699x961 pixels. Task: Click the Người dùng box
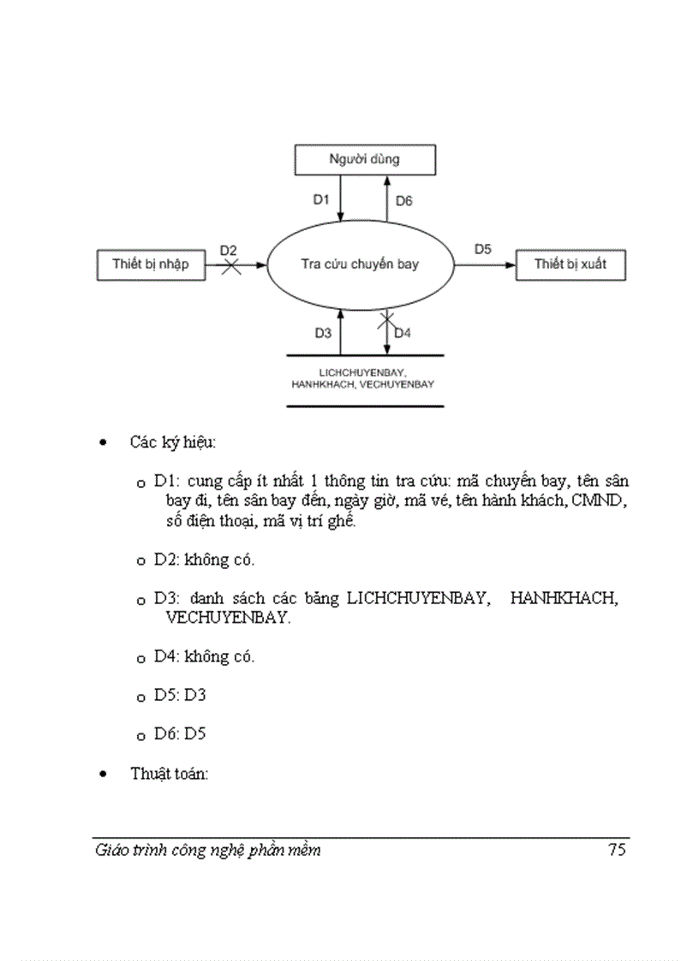point(365,159)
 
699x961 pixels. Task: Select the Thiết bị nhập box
point(150,264)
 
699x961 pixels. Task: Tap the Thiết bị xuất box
point(570,264)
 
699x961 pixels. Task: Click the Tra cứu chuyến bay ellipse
point(360,264)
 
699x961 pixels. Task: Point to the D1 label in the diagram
point(320,200)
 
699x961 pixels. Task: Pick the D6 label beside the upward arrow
point(403,201)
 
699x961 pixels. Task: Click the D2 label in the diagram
point(228,250)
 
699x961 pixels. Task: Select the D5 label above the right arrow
point(483,249)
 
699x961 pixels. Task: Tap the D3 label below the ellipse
point(322,333)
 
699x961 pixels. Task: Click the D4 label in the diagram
point(403,333)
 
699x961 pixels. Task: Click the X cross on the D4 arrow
point(386,321)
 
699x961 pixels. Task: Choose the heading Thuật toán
point(170,774)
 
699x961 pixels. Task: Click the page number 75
point(617,850)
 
